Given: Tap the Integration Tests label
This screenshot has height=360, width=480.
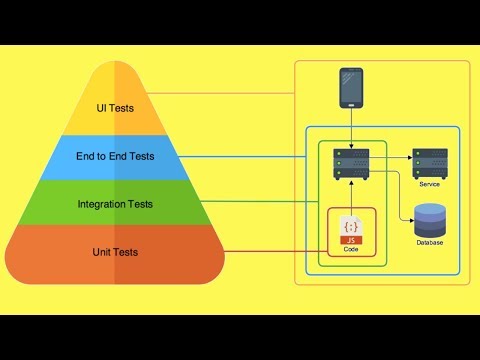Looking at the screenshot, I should pyautogui.click(x=115, y=204).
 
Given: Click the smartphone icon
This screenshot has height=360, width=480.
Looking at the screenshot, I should pyautogui.click(x=350, y=88).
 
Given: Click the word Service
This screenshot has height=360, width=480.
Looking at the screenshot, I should pyautogui.click(x=430, y=183).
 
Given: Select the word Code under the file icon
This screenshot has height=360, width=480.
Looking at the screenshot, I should pyautogui.click(x=350, y=249).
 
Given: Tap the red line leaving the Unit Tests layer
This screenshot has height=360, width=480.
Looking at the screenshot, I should pyautogui.click(x=270, y=252).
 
